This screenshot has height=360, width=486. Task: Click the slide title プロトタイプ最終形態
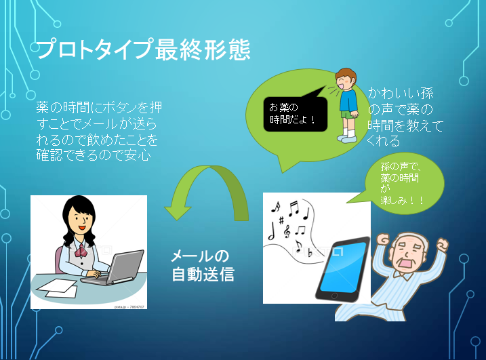[x=143, y=49]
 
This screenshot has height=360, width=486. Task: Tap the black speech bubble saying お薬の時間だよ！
[x=295, y=114]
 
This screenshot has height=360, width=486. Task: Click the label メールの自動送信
[x=203, y=266]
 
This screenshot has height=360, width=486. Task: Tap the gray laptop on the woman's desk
[x=120, y=268]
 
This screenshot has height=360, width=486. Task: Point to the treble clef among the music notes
[x=287, y=231]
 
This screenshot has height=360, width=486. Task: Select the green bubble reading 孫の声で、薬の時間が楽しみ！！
[x=403, y=184]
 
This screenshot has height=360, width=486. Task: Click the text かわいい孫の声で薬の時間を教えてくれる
[x=405, y=117]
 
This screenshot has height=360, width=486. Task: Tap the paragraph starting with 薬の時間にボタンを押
[x=99, y=131]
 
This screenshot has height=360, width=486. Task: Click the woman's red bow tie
[x=81, y=251]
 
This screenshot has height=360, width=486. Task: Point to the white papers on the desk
[x=58, y=288]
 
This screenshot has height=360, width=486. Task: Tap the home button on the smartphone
[x=334, y=296]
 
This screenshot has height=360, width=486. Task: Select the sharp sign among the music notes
[x=281, y=220]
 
